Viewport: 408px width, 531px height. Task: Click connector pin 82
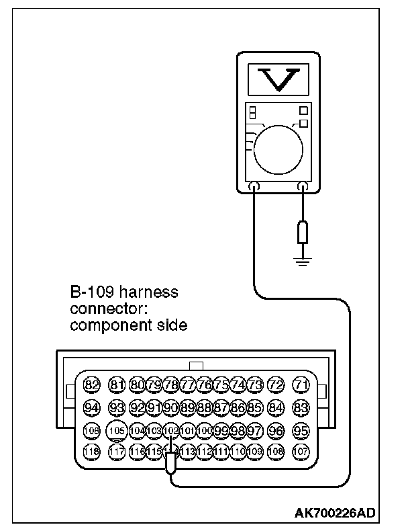(91, 385)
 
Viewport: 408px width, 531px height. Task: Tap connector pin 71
(301, 385)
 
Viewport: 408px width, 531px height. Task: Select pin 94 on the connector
(91, 407)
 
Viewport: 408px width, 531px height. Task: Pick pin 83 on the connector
(301, 407)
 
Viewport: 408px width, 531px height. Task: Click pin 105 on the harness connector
(117, 430)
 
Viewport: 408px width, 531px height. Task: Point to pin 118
(91, 452)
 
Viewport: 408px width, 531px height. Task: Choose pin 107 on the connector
(301, 452)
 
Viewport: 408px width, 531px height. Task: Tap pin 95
(301, 430)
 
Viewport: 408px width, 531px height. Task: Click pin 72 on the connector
(274, 385)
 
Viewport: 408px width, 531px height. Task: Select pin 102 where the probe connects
(171, 430)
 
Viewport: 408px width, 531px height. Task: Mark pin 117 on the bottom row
(117, 452)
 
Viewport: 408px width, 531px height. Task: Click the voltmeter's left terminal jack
(254, 188)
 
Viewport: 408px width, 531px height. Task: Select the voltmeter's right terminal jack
(304, 188)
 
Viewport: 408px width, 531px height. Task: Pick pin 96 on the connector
(274, 430)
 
